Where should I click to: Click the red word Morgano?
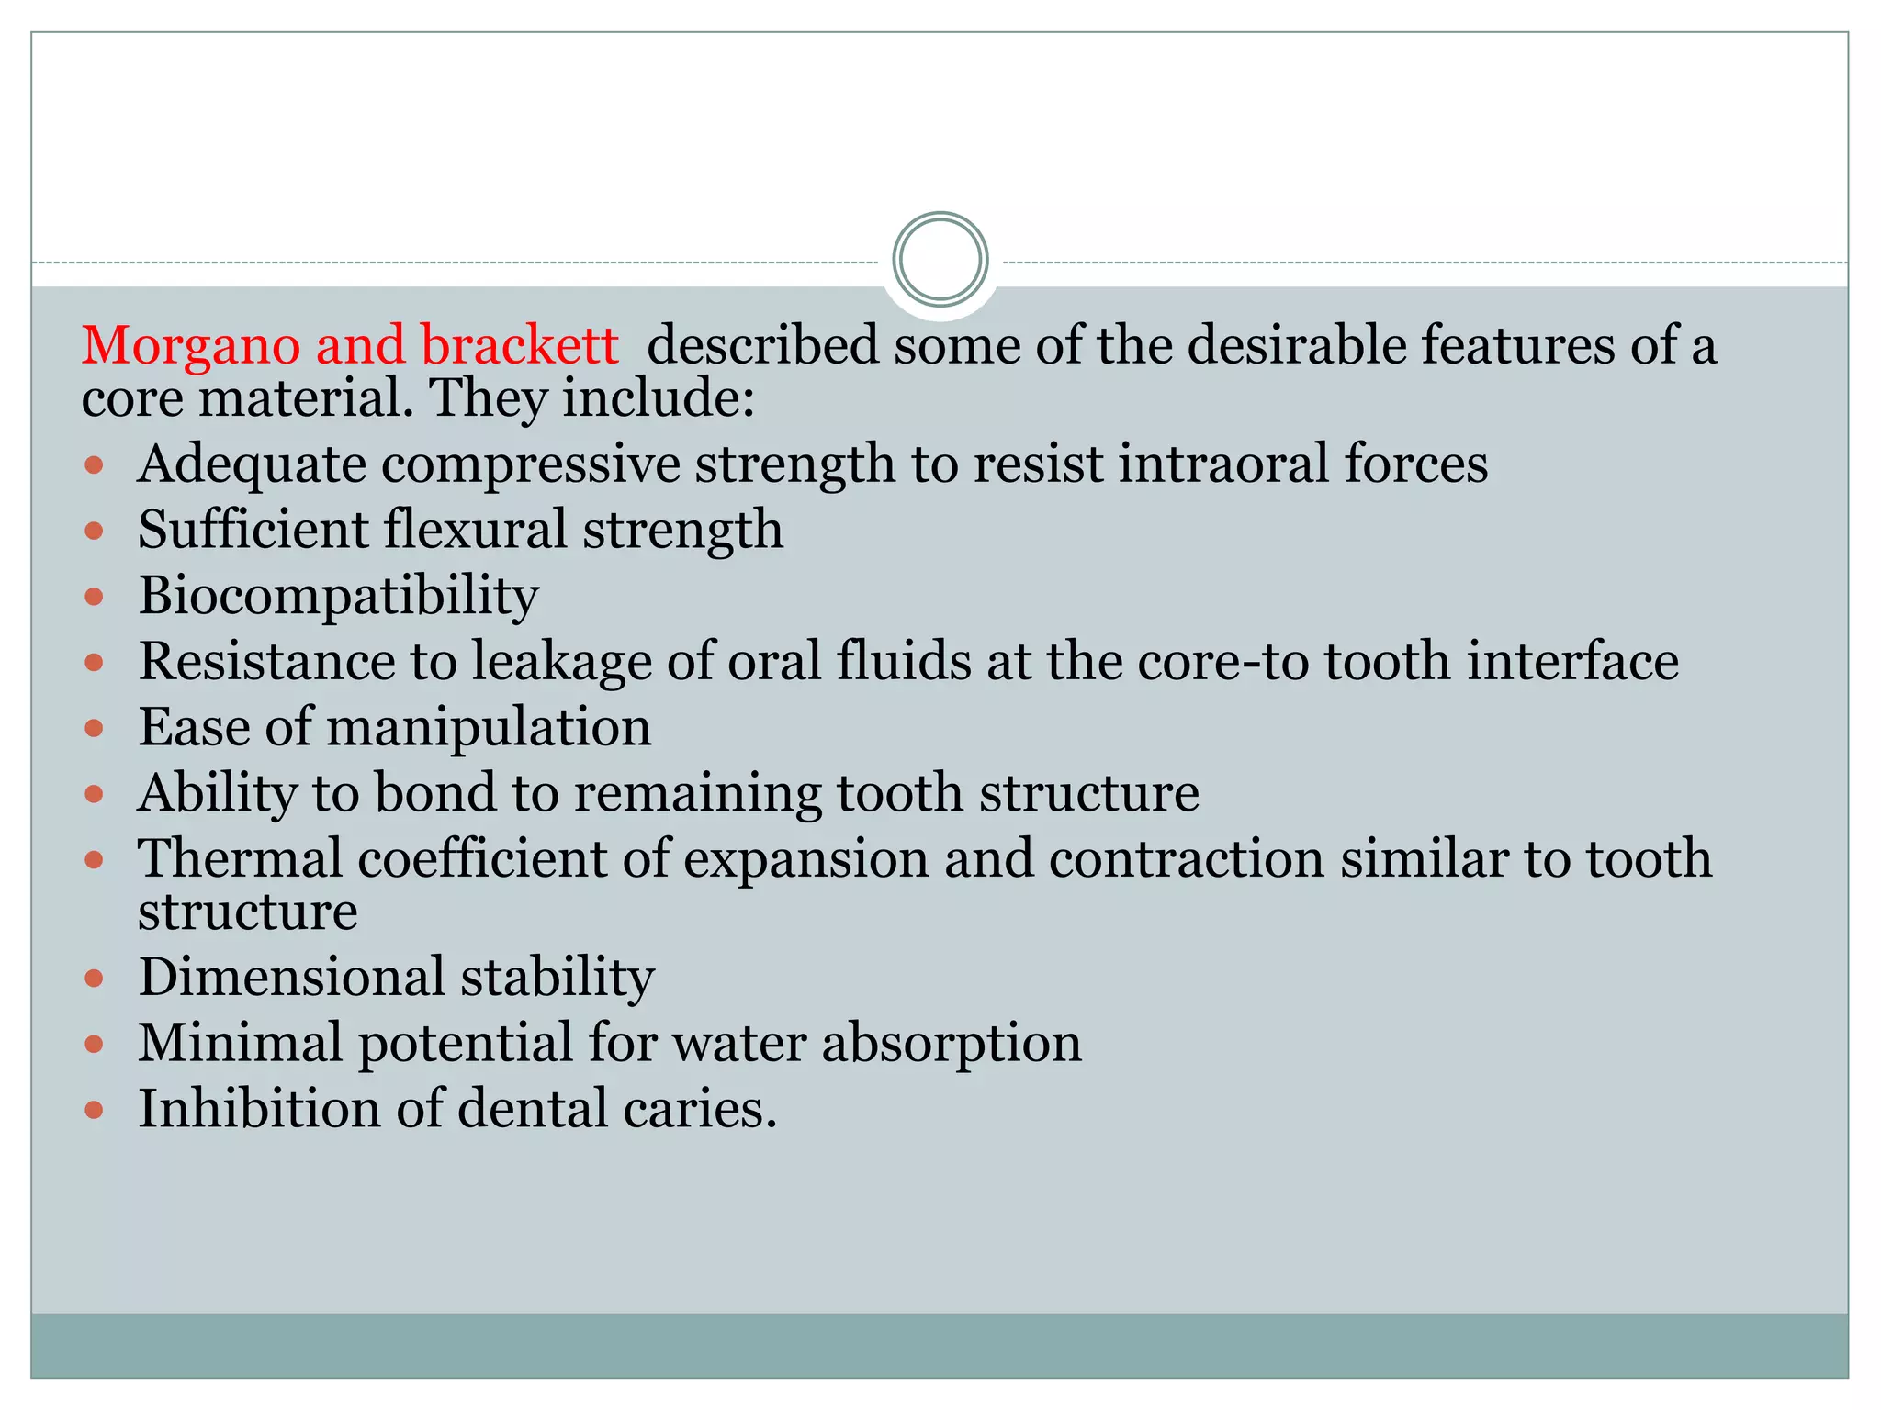pos(191,346)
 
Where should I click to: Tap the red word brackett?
pos(520,346)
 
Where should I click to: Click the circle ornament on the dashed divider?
pos(940,260)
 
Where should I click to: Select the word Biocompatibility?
pos(338,597)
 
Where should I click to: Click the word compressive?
pos(530,464)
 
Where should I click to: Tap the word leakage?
pos(561,663)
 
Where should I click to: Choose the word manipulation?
pos(489,728)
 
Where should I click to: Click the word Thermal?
pos(240,859)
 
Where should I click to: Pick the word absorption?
pos(951,1044)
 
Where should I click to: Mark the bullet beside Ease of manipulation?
pos(94,729)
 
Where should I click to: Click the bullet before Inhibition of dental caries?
pos(94,1110)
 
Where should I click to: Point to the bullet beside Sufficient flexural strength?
pos(94,531)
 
